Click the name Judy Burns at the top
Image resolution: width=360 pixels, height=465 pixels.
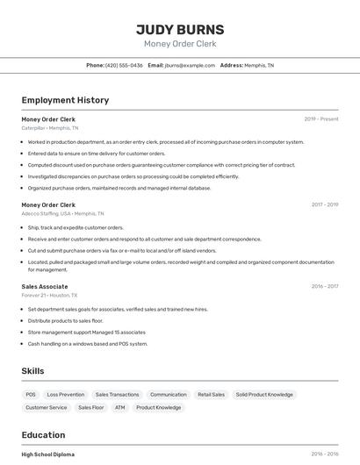180,29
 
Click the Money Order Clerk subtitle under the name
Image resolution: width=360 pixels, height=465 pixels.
180,44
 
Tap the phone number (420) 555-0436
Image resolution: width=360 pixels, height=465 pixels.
124,65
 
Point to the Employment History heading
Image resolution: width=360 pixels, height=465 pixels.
65,100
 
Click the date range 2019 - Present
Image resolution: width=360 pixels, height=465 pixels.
321,119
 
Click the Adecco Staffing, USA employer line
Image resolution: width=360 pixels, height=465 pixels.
62,213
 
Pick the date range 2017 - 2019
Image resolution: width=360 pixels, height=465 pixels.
324,204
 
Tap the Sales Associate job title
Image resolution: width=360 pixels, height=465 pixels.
45,287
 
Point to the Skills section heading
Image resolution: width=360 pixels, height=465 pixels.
32,371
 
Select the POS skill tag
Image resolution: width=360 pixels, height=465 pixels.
31,395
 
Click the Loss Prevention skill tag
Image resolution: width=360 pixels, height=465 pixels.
66,395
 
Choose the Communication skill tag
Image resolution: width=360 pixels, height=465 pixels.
169,395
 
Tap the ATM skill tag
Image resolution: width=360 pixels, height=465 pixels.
119,407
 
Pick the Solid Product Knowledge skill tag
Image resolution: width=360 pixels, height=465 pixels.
264,395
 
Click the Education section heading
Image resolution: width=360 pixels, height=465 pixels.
43,435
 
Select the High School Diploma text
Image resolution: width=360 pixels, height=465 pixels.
48,454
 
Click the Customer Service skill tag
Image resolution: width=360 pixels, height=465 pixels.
46,407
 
